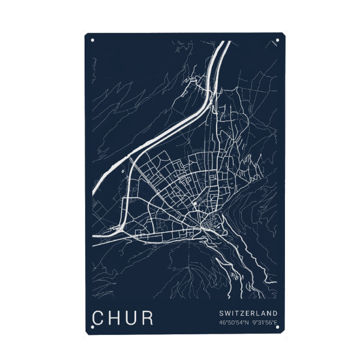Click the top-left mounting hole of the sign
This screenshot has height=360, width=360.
click(92, 41)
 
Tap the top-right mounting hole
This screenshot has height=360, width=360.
click(277, 41)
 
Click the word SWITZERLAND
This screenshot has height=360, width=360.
click(248, 313)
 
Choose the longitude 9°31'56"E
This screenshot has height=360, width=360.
click(265, 323)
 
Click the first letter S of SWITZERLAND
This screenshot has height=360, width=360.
click(221, 313)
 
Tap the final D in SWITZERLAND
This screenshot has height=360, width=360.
click(275, 313)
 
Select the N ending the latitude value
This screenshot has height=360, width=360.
click(246, 323)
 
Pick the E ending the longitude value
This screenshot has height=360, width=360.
click(275, 323)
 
